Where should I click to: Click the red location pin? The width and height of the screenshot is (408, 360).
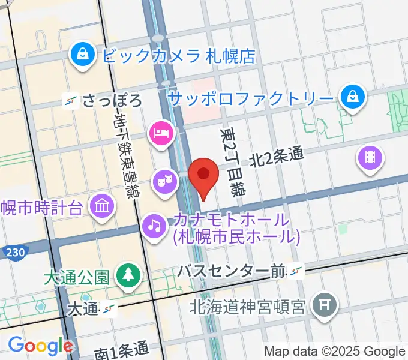click(x=203, y=175)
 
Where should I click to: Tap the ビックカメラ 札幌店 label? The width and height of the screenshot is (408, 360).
click(x=179, y=56)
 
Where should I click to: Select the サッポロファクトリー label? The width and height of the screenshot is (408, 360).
click(x=250, y=96)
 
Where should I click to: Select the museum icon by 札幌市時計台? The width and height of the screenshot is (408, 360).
click(x=102, y=207)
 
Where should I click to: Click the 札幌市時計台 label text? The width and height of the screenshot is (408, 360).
click(x=41, y=208)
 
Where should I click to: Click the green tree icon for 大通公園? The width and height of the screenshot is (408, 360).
click(x=127, y=275)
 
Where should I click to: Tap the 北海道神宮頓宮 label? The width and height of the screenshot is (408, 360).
click(x=248, y=307)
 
